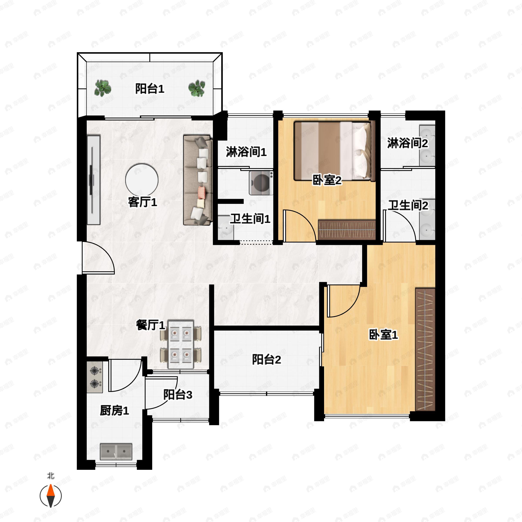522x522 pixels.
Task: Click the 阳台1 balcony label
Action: point(150,89)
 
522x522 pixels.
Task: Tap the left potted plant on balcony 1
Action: point(103,88)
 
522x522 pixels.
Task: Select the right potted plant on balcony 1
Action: point(197,88)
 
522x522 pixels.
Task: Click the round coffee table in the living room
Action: point(142,180)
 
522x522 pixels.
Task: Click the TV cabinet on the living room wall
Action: point(94,180)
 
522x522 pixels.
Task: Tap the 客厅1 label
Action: point(142,202)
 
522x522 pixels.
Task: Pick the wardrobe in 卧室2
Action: point(347,230)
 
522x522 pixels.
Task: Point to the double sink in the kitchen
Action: point(116,452)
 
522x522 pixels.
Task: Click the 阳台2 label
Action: point(266,360)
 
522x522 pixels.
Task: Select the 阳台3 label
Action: point(178,395)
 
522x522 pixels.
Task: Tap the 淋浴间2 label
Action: point(407,143)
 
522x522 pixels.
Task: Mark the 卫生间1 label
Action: point(250,219)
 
